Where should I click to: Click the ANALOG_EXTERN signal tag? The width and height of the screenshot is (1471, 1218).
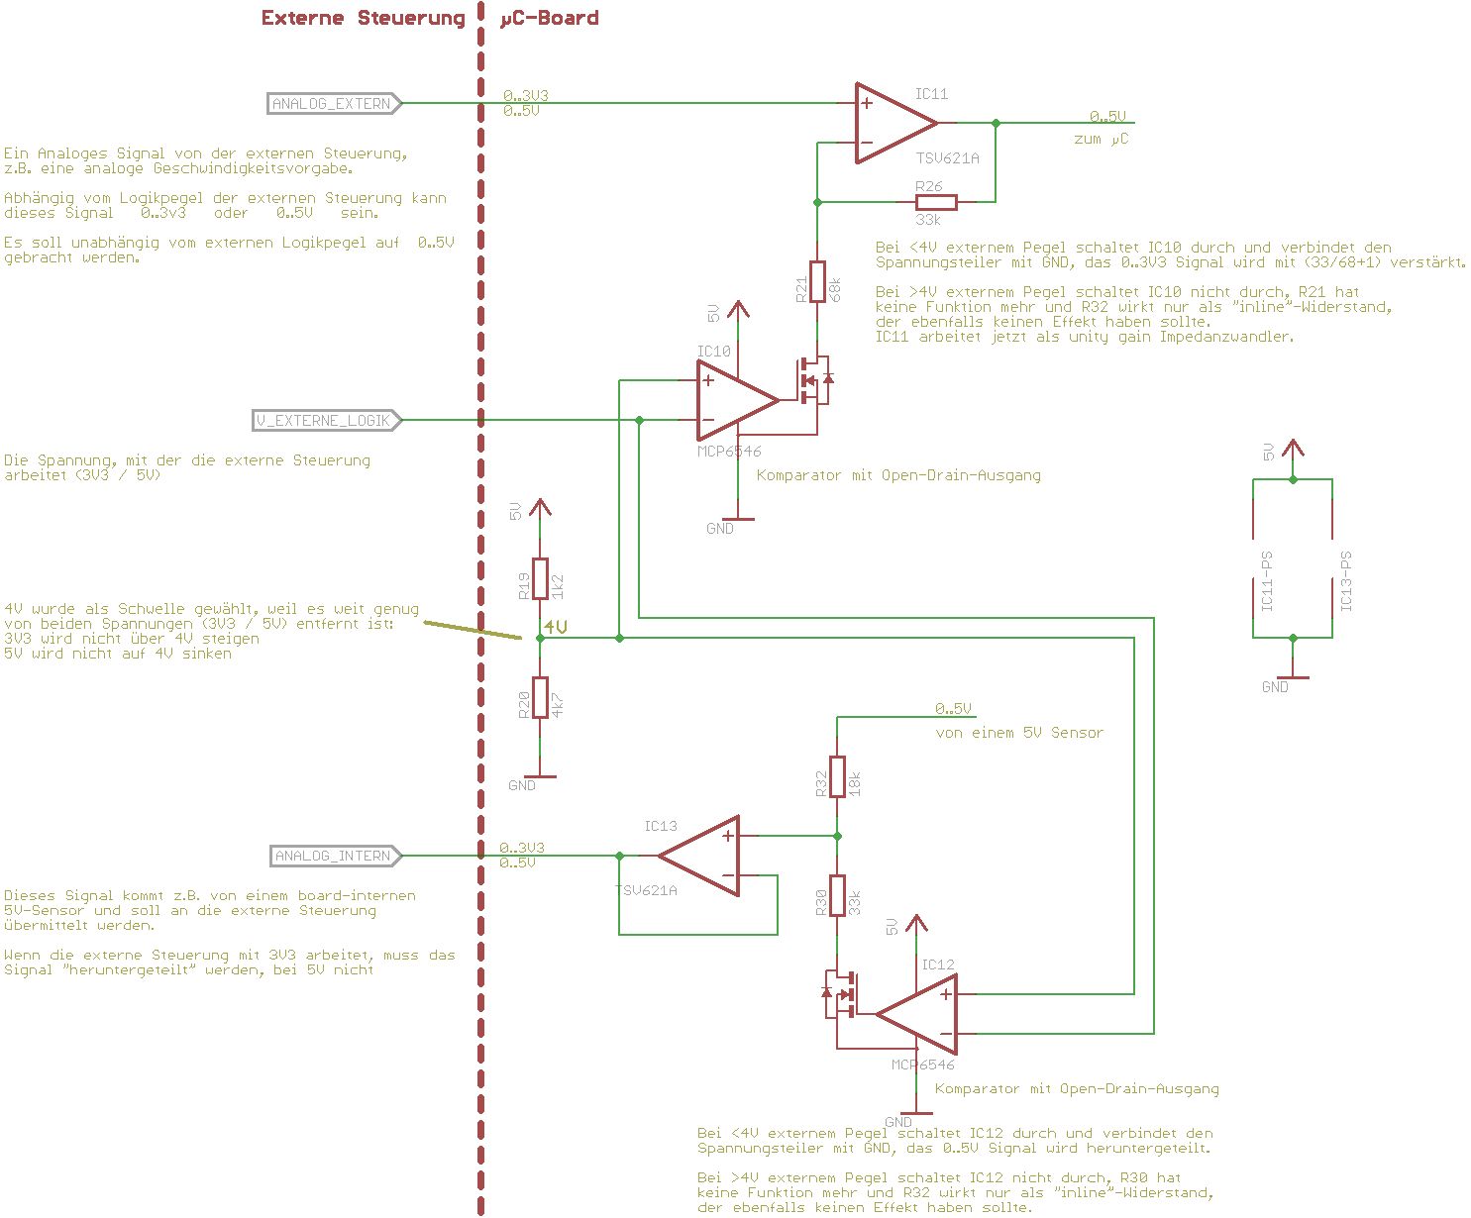[334, 103]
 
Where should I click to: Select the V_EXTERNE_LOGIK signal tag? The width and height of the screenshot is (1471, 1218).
[327, 420]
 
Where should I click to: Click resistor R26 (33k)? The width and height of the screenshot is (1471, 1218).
[935, 202]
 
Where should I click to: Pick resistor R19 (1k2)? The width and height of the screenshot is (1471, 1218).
[540, 578]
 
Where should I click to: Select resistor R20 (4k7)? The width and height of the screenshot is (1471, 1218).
[540, 697]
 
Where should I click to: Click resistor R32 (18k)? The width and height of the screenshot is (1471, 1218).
[837, 775]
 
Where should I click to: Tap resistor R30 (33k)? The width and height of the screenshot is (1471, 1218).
[837, 895]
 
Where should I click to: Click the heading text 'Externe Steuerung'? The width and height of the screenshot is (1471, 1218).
[363, 18]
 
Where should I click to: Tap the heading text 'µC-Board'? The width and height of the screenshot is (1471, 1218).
[550, 18]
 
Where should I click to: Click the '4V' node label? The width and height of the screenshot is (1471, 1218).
[556, 627]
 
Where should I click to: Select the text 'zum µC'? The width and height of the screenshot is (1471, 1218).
[1101, 140]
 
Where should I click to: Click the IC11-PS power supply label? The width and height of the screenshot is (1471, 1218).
[1267, 581]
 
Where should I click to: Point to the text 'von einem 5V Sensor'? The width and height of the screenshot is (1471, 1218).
[1019, 733]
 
